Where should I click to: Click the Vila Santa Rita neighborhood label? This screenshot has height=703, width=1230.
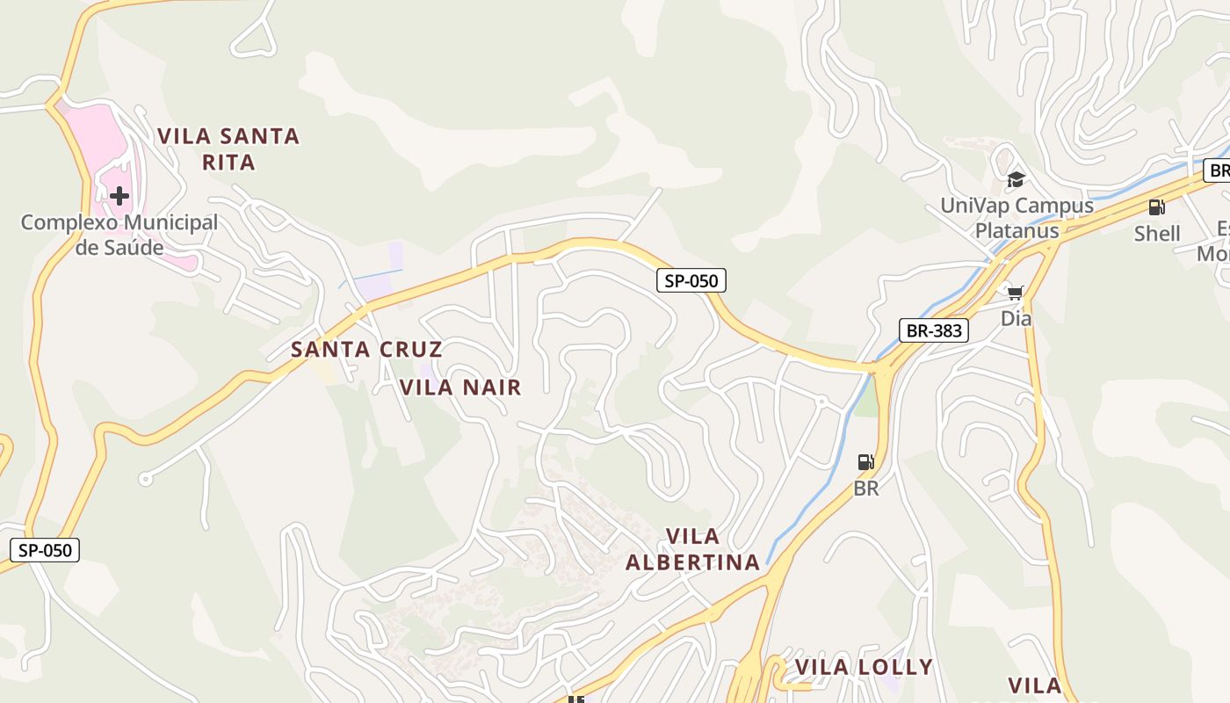[x=228, y=149]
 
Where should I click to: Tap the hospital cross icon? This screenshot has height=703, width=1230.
[x=119, y=195]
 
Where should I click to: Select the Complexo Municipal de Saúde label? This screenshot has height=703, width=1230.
[x=119, y=235]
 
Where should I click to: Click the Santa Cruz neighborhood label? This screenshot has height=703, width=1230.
[x=366, y=349]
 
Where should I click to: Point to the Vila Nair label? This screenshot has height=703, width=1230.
[x=460, y=387]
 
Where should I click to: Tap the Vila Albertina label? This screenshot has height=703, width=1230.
[x=692, y=549]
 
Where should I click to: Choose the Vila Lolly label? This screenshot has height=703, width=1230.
[x=864, y=667]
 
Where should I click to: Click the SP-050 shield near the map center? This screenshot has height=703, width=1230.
[x=691, y=281]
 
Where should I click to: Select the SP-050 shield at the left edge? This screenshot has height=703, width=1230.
[x=45, y=551]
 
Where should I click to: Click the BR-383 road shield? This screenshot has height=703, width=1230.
[x=934, y=330]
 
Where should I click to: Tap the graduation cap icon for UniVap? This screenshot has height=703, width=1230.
[x=1016, y=179]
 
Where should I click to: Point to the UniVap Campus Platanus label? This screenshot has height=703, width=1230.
[x=1017, y=218]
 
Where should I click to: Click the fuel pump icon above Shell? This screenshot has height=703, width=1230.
[x=1156, y=207]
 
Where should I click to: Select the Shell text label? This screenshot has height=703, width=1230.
[x=1157, y=234]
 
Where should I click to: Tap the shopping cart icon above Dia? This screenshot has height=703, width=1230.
[x=1016, y=293]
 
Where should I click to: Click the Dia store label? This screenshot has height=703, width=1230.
[x=1017, y=318]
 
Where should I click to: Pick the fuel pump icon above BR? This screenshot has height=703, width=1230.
[x=865, y=462]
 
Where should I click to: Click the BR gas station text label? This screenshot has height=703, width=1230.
[x=866, y=489]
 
